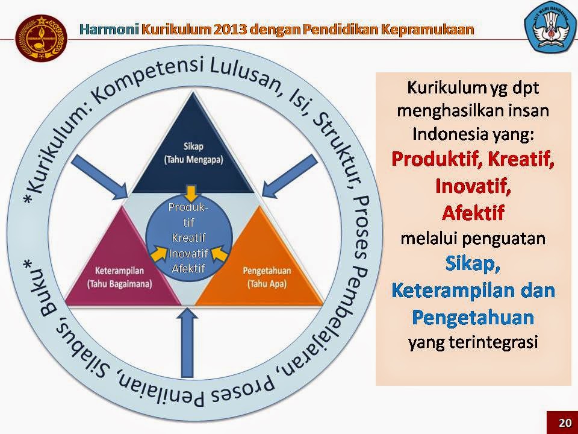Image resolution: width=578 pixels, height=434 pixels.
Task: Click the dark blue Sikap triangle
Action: click(193, 155)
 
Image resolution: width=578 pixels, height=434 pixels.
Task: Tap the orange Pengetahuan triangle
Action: click(261, 269)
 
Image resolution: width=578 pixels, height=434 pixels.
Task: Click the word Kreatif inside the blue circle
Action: click(188, 237)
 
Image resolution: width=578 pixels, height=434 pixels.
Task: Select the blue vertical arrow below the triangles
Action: click(188, 342)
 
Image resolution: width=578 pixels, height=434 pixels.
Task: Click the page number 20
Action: click(564, 423)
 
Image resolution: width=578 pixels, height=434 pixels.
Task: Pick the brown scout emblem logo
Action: click(42, 38)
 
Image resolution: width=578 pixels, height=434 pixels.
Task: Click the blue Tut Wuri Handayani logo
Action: click(550, 28)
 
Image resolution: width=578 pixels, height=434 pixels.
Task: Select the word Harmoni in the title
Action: click(109, 29)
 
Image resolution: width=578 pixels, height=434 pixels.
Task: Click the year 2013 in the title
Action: click(229, 29)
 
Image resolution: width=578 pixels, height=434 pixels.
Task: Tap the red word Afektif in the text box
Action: click(473, 213)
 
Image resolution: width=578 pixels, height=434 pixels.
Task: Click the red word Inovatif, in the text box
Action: click(473, 186)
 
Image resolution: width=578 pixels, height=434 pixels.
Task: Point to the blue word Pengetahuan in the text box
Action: click(473, 318)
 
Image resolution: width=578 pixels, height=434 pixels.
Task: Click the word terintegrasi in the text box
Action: click(494, 342)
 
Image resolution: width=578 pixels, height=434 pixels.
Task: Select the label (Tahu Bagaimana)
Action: click(119, 284)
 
